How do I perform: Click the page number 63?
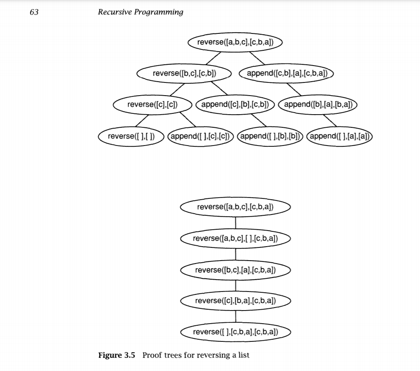click(x=34, y=12)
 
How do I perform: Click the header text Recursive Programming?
click(x=141, y=12)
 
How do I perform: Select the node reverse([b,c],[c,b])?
click(x=184, y=73)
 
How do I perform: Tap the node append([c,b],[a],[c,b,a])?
click(x=286, y=73)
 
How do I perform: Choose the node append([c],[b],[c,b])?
click(x=236, y=104)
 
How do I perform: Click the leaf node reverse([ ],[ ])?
click(x=130, y=136)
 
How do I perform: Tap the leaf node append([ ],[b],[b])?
click(x=271, y=136)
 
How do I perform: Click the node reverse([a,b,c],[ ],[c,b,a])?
click(x=235, y=239)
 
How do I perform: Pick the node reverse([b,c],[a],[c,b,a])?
click(x=235, y=270)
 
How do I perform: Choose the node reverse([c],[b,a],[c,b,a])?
click(x=235, y=301)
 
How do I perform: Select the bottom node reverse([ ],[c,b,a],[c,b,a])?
click(x=235, y=332)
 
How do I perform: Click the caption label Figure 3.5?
click(x=117, y=355)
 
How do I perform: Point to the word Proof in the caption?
click(x=152, y=355)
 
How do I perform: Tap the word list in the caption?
click(x=243, y=355)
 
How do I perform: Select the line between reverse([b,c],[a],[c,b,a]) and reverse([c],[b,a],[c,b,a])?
click(x=235, y=286)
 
